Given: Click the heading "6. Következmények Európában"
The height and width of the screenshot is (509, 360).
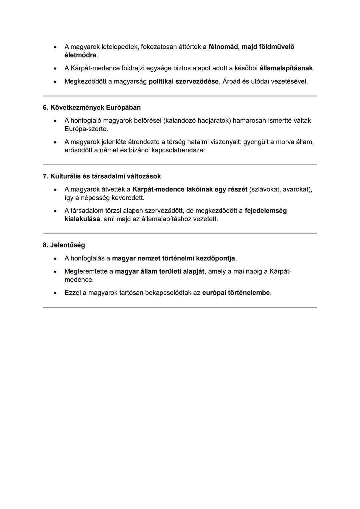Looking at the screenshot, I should [92, 108].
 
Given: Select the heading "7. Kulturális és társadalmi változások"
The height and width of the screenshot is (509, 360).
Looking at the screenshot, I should [102, 176].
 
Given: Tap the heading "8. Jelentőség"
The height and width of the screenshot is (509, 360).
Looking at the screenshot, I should [64, 245].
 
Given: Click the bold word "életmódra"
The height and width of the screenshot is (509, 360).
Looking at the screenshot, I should [80, 55].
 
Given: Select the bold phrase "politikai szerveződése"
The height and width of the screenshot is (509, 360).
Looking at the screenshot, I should [183, 81].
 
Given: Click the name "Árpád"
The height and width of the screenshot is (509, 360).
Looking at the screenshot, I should [231, 81].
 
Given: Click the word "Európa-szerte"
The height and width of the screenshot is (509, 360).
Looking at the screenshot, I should [86, 129].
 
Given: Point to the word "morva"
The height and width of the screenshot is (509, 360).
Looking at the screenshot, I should [285, 142].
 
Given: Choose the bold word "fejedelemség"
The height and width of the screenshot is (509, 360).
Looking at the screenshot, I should [265, 211].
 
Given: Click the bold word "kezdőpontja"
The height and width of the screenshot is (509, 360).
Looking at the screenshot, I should [215, 259].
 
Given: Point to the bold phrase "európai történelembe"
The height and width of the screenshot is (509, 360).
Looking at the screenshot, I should [236, 293].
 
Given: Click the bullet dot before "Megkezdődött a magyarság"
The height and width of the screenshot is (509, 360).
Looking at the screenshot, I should [55, 82].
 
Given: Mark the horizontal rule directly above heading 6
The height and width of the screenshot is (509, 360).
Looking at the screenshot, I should [180, 96].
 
